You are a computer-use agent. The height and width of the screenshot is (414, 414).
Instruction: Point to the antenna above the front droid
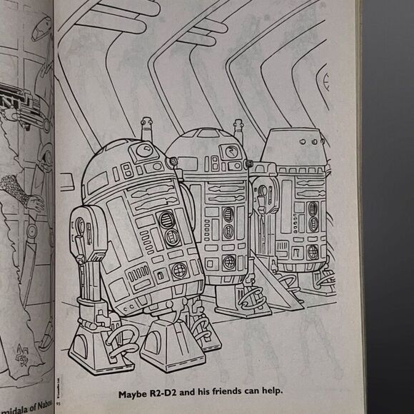tap(146, 128)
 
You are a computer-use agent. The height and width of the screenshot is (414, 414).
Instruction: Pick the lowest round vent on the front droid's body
tap(179, 271)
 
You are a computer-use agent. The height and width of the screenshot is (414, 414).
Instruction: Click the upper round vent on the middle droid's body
tap(228, 214)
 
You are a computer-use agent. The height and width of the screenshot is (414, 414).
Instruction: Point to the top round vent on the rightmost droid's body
tap(312, 209)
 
